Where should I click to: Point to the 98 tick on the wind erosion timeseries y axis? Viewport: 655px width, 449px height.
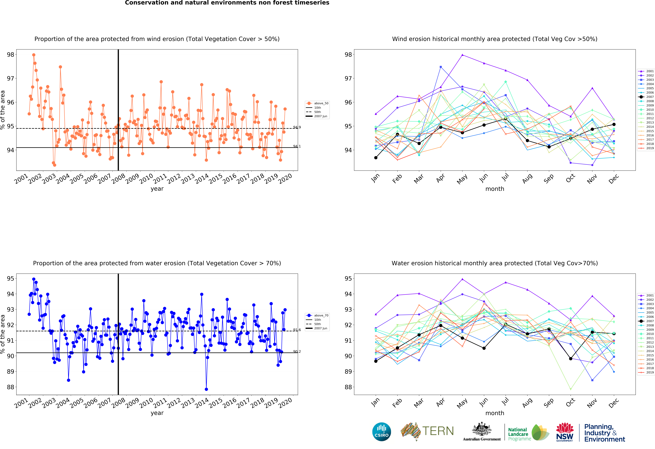(x=10, y=54)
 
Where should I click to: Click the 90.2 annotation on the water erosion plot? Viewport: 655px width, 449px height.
(x=297, y=351)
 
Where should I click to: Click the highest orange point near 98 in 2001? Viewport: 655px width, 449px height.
(x=34, y=55)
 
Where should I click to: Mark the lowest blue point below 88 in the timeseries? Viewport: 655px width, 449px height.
(x=206, y=389)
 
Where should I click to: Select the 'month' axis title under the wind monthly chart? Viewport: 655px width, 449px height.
(x=495, y=189)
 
